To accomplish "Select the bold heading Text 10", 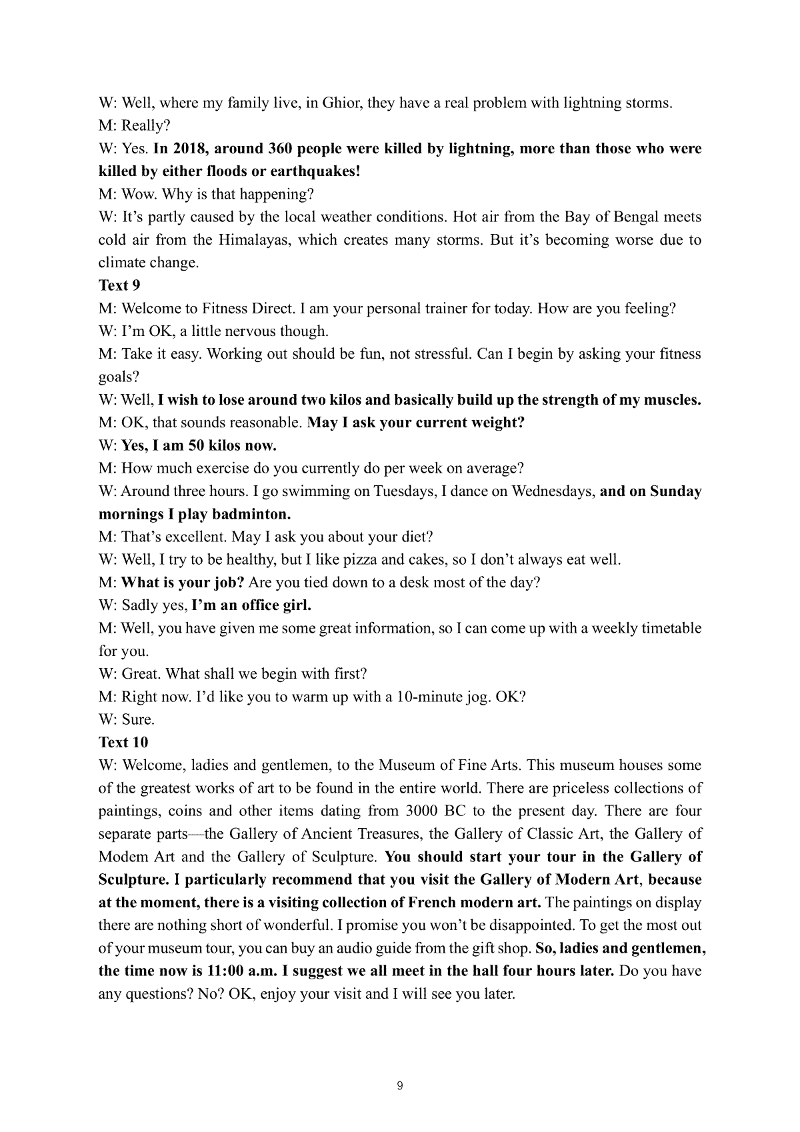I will (x=123, y=742).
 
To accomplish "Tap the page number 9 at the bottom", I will (x=399, y=1086).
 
